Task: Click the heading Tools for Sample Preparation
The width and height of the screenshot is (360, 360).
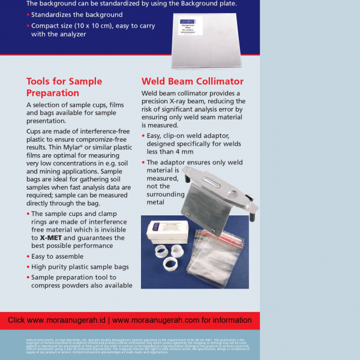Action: pyautogui.click(x=64, y=87)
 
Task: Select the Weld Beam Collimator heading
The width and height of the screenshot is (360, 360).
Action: pyautogui.click(x=192, y=81)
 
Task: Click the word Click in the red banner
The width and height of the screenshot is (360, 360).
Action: pyautogui.click(x=16, y=320)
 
